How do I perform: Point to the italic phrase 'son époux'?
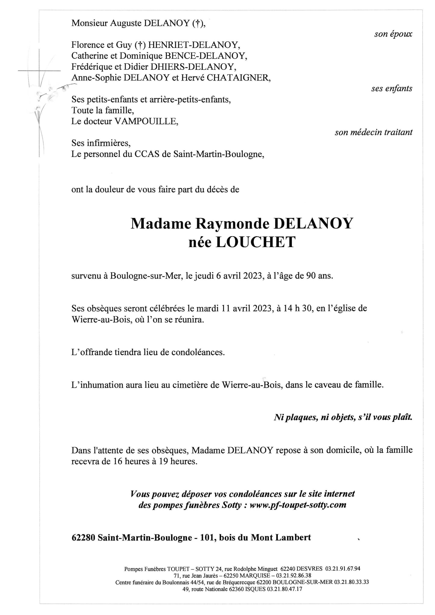(393, 34)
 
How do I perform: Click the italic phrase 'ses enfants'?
(392, 88)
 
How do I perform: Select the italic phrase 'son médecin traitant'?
(373, 132)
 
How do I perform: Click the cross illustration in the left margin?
(39, 80)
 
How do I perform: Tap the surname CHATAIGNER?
(238, 78)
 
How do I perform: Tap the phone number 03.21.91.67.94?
(343, 576)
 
